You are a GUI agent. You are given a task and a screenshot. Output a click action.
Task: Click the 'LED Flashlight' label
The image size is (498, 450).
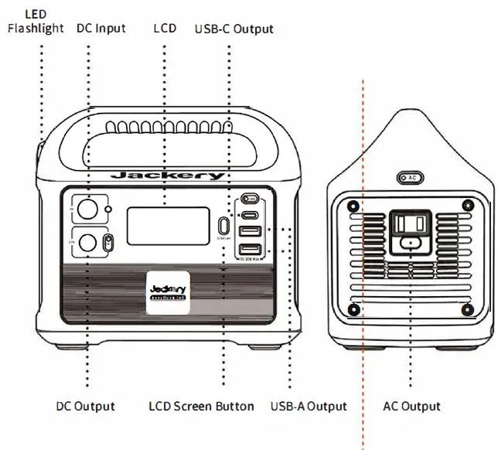[x=36, y=22]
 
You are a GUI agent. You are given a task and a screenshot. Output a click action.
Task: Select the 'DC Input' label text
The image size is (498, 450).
[x=101, y=29]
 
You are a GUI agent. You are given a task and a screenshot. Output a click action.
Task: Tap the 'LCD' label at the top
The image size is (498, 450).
[x=165, y=29]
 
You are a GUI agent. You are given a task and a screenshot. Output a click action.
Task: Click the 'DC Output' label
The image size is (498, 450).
[x=86, y=406]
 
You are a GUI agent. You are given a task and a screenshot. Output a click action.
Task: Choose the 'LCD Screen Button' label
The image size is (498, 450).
[x=201, y=406]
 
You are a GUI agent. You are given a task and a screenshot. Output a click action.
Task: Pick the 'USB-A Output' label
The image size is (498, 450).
[x=309, y=406]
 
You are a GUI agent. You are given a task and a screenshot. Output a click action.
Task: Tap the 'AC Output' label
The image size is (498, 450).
[x=412, y=406]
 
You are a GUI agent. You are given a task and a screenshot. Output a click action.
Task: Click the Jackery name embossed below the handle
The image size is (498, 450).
[x=167, y=176]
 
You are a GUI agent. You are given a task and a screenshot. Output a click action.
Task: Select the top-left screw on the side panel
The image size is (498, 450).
[x=353, y=206]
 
